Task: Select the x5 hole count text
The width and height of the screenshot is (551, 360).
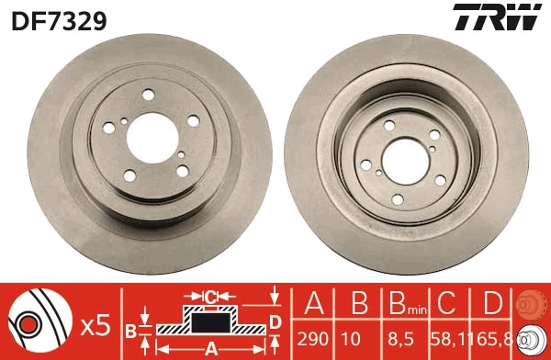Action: click(x=96, y=326)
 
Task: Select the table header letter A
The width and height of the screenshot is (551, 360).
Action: click(x=312, y=305)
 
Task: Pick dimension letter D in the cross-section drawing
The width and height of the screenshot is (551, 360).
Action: click(x=275, y=321)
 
